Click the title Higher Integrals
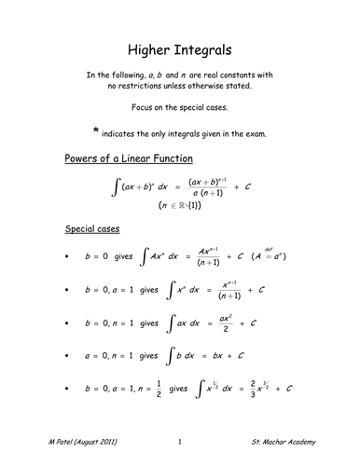(180, 46)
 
